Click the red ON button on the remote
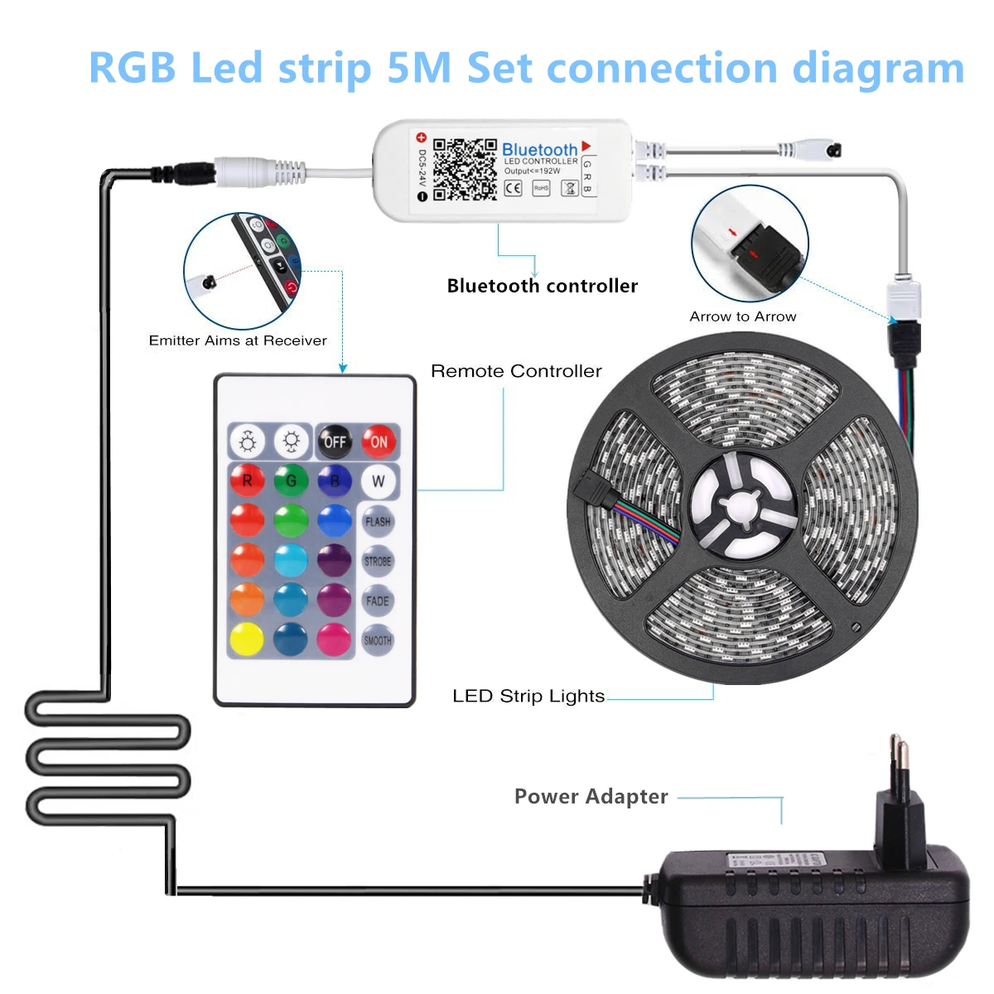click(379, 442)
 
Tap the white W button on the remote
click(378, 480)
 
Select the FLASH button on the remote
click(378, 521)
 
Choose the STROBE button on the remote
click(378, 561)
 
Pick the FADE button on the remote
click(378, 601)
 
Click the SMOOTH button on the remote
click(378, 640)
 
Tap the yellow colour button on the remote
click(247, 639)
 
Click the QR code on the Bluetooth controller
click(465, 169)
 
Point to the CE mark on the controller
click(514, 188)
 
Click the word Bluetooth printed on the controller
click(539, 149)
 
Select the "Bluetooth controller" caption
click(543, 286)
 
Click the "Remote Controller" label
click(516, 371)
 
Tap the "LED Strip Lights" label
click(528, 696)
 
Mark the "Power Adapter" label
click(591, 796)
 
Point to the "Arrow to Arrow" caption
click(743, 316)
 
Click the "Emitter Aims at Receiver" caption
click(238, 340)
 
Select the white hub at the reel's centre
click(743, 503)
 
